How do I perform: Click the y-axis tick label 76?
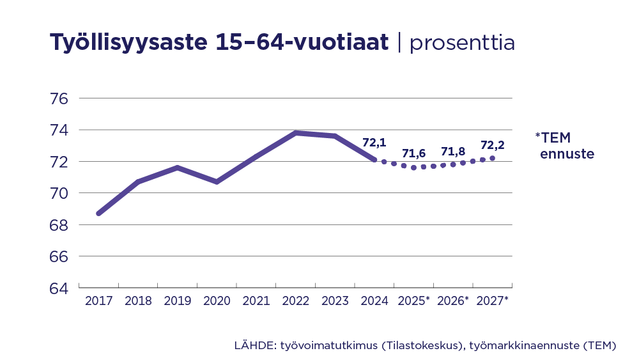click(59, 99)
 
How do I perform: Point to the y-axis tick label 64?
click(59, 288)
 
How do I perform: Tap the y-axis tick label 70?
click(59, 193)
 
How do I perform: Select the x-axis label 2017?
click(98, 301)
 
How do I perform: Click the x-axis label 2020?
click(217, 301)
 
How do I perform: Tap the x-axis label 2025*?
click(414, 301)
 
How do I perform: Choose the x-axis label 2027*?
click(493, 301)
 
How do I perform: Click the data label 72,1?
click(374, 143)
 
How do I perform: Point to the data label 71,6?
click(414, 153)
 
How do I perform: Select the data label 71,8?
click(453, 152)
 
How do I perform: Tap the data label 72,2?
click(493, 145)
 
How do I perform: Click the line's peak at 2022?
click(295, 133)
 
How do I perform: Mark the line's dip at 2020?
click(217, 182)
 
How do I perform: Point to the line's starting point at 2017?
click(98, 214)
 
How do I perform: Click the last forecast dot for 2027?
click(492, 158)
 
